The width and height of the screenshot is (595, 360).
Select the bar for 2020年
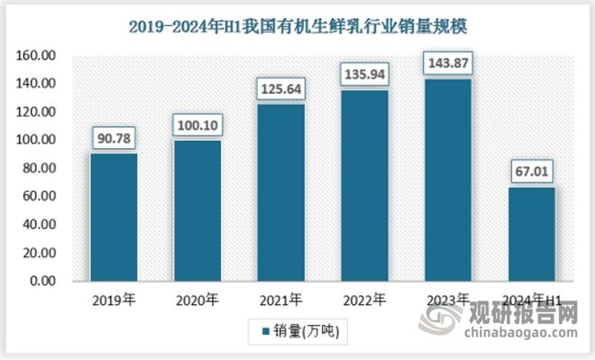pos(197,210)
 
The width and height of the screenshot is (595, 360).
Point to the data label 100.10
pos(197,125)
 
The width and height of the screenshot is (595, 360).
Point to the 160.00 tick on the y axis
pos(39,56)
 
